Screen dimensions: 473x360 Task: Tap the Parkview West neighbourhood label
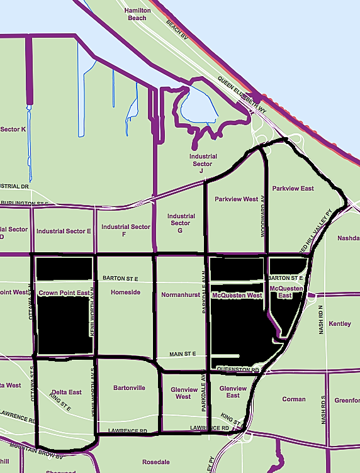[237, 199]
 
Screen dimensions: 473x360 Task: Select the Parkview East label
[293, 188]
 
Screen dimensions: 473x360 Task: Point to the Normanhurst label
[181, 294]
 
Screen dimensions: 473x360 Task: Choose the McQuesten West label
[237, 295]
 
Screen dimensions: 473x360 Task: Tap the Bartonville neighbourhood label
[129, 387]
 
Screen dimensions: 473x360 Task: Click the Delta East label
[67, 392]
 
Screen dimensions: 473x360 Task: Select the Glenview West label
[183, 393]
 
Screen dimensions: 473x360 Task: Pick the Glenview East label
[233, 392]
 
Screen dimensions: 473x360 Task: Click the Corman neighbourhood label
[294, 399]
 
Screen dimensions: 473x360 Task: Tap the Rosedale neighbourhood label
[156, 462]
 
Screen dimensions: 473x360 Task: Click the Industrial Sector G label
[181, 223]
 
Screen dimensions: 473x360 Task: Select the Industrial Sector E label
[64, 231]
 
